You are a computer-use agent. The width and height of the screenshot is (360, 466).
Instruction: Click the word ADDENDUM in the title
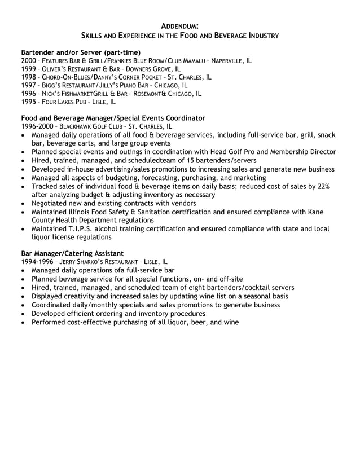[x=180, y=26]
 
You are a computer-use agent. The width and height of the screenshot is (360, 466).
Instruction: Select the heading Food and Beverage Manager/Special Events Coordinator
[x=113, y=118]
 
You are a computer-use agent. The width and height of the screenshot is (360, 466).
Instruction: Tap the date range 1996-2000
[x=37, y=126]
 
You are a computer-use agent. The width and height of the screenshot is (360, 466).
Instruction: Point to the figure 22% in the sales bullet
[x=322, y=186]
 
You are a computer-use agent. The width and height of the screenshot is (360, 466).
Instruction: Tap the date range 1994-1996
[x=37, y=262]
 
